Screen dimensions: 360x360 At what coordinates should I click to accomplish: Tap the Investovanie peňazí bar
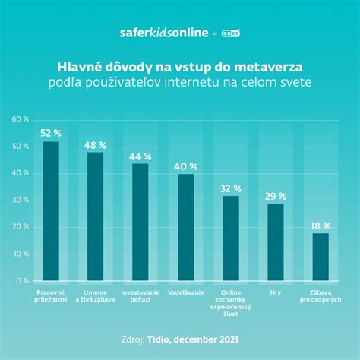141,222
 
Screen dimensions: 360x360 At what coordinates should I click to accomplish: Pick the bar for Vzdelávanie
186,227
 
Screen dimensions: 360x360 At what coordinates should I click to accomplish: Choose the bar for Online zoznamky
231,238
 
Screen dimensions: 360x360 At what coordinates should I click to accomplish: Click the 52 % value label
51,133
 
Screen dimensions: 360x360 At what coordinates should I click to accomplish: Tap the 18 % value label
321,226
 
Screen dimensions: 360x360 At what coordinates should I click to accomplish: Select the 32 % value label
231,188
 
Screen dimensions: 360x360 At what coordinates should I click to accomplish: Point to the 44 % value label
141,156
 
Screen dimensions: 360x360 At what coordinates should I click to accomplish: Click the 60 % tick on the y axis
20,120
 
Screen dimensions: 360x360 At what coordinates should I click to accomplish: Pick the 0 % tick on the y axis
22,281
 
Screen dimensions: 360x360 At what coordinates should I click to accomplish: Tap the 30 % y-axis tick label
20,201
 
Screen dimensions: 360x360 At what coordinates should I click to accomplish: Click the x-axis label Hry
276,291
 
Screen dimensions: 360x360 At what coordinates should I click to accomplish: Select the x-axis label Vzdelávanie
186,291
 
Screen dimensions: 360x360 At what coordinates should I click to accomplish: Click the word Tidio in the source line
172,339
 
